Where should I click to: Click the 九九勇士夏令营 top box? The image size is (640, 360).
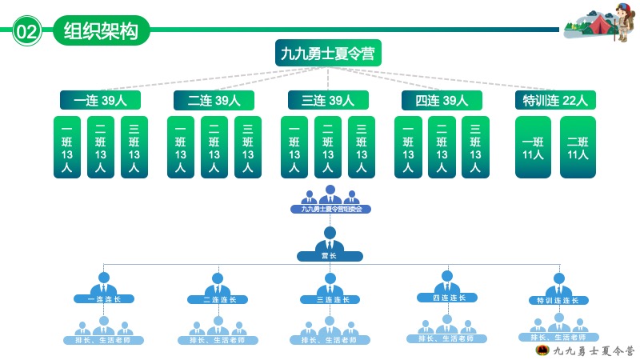328,54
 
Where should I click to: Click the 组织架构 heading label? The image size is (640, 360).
101,31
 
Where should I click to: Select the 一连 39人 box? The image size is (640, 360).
100,100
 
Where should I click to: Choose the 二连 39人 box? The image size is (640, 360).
214,100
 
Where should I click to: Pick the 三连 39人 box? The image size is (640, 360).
328,100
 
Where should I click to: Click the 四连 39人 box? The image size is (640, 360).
442,100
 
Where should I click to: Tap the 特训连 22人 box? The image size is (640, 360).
555,100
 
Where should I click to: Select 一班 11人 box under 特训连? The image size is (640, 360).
533,147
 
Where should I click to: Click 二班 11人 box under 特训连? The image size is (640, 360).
578,147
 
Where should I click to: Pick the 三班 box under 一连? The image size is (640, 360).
134,147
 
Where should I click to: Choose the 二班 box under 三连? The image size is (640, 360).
328,147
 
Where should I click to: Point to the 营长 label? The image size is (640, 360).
330,257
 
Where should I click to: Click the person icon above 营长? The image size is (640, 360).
330,238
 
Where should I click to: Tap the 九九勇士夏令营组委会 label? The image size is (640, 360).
330,209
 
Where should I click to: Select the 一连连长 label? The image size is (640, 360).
104,299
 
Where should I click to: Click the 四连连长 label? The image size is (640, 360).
447,298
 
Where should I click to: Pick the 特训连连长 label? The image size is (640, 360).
558,301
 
